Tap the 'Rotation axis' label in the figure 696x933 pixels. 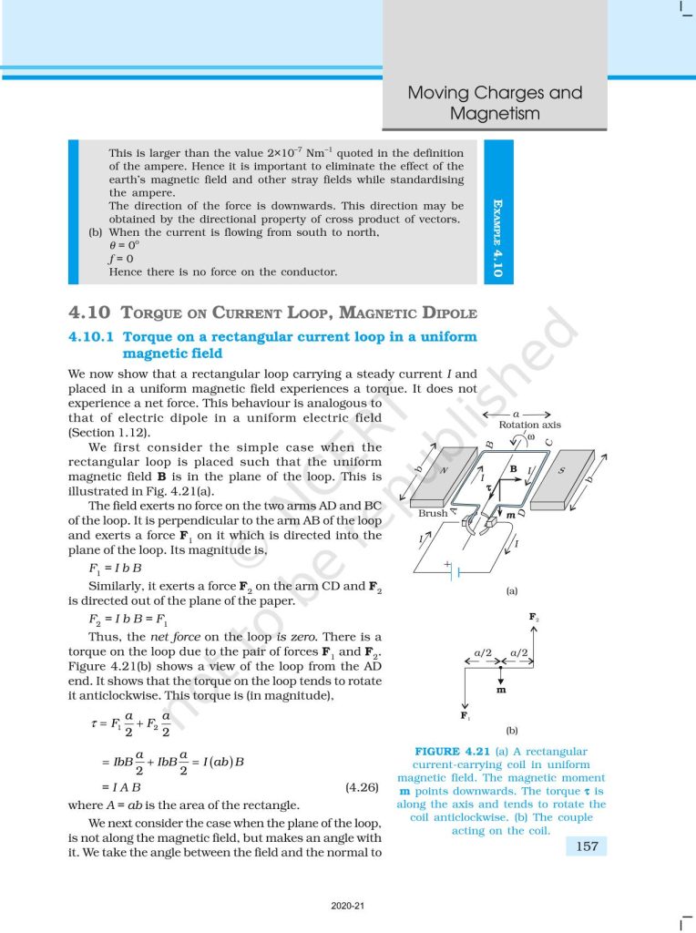529,425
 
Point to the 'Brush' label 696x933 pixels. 433,513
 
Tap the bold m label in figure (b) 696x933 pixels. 501,690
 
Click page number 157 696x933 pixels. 588,846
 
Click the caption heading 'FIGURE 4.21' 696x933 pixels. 452,751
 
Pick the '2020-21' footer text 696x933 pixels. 347,906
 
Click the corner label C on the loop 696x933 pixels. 548,443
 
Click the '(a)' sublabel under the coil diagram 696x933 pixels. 512,591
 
